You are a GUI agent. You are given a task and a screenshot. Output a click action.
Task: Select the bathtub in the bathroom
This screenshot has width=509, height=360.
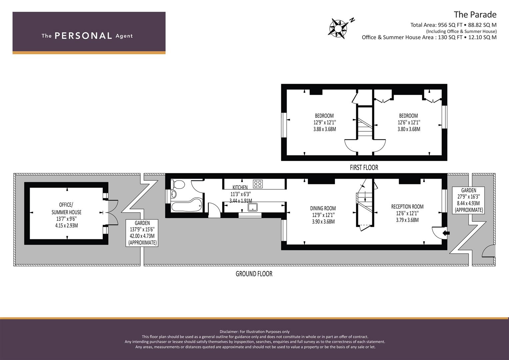tap(187, 205)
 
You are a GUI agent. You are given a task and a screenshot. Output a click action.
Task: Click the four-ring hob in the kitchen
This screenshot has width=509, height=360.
tap(258, 184)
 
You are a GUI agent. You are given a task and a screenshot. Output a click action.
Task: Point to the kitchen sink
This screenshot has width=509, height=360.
tap(253, 207)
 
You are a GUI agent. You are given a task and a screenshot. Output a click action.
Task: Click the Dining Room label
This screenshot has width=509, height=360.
tap(323, 208)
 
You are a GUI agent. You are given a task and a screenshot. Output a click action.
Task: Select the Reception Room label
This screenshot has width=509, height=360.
tap(407, 207)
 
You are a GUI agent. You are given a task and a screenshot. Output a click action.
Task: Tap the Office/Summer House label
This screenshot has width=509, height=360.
tap(66, 208)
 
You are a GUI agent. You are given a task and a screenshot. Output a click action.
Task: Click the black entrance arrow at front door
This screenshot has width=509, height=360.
tap(446, 233)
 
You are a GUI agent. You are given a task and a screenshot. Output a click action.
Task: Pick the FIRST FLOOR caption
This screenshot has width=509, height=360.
tap(364, 168)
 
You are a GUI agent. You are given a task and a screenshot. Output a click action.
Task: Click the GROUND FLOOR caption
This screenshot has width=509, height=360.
tap(254, 274)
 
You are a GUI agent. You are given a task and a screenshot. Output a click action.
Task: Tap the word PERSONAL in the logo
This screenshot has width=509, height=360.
tap(83, 36)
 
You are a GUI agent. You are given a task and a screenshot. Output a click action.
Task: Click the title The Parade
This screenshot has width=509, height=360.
tap(475, 15)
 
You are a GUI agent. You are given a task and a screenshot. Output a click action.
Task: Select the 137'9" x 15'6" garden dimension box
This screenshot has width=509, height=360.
tap(142, 233)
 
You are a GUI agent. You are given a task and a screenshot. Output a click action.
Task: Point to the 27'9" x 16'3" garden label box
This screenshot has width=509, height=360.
tap(468, 200)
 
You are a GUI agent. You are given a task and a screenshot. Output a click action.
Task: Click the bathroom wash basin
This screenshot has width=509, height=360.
tap(174, 194)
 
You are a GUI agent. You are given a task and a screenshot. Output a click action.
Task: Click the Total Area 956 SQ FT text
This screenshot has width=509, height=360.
tap(436, 25)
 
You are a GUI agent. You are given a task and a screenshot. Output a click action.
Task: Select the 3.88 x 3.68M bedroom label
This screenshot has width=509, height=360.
tap(324, 129)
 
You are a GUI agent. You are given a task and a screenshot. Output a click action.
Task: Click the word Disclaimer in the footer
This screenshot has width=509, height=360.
tap(229, 332)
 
